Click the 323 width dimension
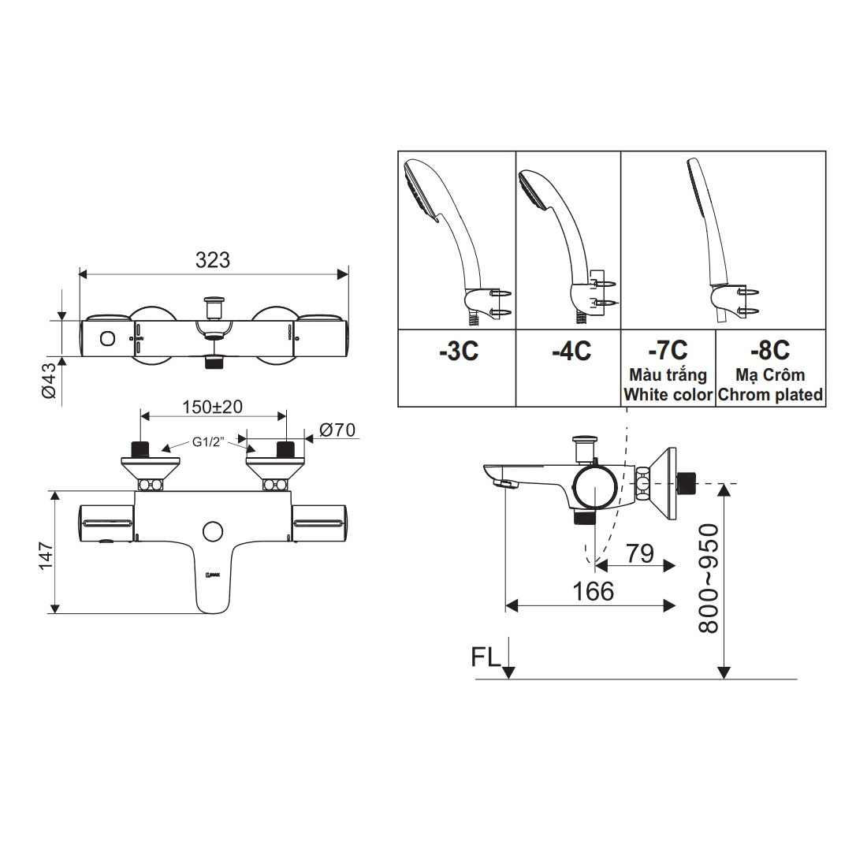[213, 260]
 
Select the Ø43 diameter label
[49, 381]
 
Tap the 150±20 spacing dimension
[212, 407]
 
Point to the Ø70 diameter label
[337, 430]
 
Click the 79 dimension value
[640, 553]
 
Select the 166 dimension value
[593, 592]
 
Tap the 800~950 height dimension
[709, 579]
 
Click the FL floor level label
[486, 658]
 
